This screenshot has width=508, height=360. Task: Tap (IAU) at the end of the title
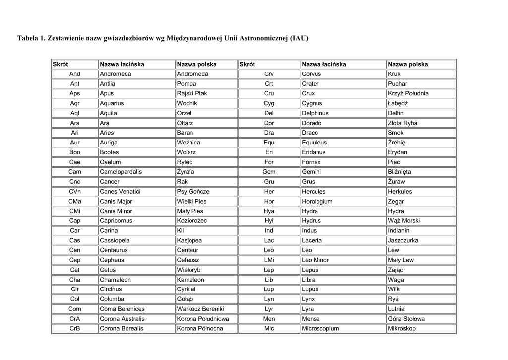click(300, 38)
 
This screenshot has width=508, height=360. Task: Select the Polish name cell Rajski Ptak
click(192, 93)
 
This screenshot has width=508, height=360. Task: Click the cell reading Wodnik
click(187, 103)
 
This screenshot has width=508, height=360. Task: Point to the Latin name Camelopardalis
click(121, 172)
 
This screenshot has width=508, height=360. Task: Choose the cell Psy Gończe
click(193, 191)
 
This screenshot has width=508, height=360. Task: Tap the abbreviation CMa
click(75, 201)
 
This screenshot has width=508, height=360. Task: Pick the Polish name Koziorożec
click(192, 220)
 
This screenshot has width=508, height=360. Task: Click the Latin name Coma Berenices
click(122, 309)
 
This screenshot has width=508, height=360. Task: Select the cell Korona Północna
click(200, 328)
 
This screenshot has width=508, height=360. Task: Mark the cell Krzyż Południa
click(408, 93)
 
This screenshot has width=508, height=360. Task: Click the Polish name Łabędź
click(398, 103)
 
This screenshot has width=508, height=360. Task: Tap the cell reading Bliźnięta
click(399, 172)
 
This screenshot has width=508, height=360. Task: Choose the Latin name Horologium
click(317, 201)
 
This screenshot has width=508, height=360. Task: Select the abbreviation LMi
click(269, 260)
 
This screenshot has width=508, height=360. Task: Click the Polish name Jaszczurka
click(403, 240)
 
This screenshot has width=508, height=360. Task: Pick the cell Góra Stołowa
click(406, 319)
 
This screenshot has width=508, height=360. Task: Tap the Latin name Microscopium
click(320, 328)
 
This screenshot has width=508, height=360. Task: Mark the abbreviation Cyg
click(269, 103)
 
